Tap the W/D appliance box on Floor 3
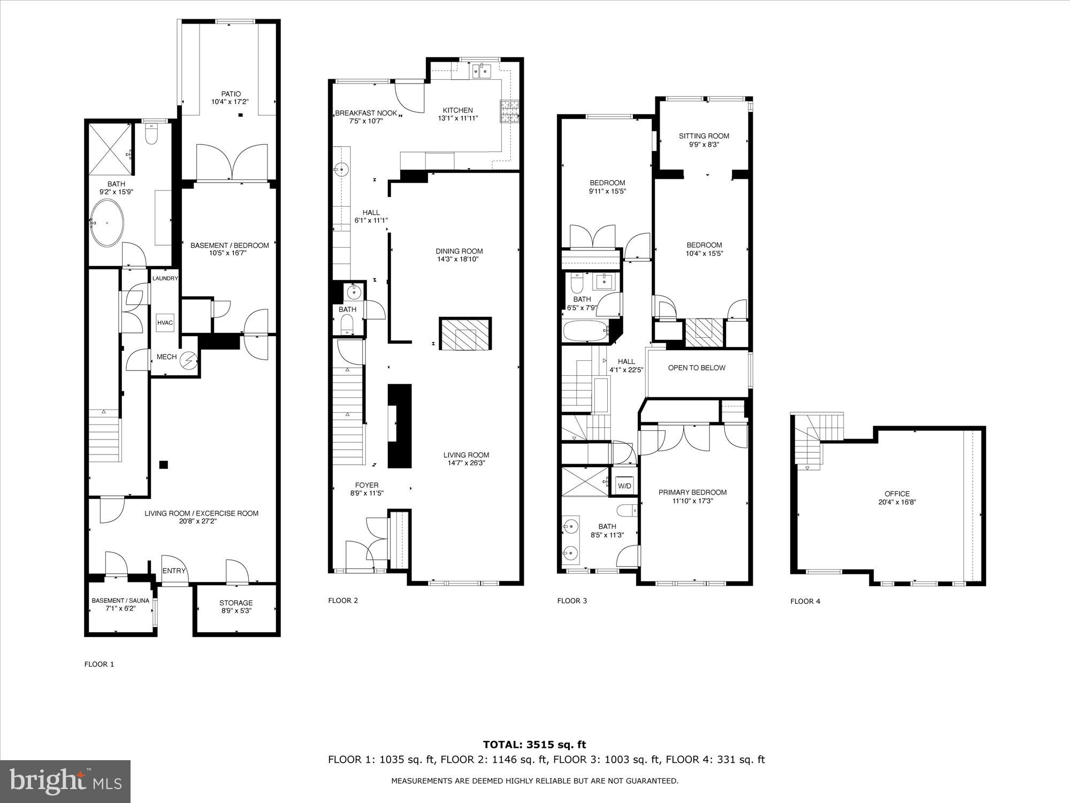[625, 486]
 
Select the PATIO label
[231, 94]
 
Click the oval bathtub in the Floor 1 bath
[107, 223]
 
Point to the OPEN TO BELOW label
[697, 368]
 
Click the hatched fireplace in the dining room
[465, 334]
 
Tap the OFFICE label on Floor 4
[897, 494]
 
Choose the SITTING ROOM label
[704, 136]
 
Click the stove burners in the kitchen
[507, 112]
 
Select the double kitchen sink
[481, 71]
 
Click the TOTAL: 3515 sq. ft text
[534, 744]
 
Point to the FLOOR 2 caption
[343, 600]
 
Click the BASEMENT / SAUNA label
[120, 601]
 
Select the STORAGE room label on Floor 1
[236, 603]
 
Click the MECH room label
[166, 357]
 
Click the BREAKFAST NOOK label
[366, 113]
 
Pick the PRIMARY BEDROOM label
[692, 493]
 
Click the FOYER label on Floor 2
[366, 485]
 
